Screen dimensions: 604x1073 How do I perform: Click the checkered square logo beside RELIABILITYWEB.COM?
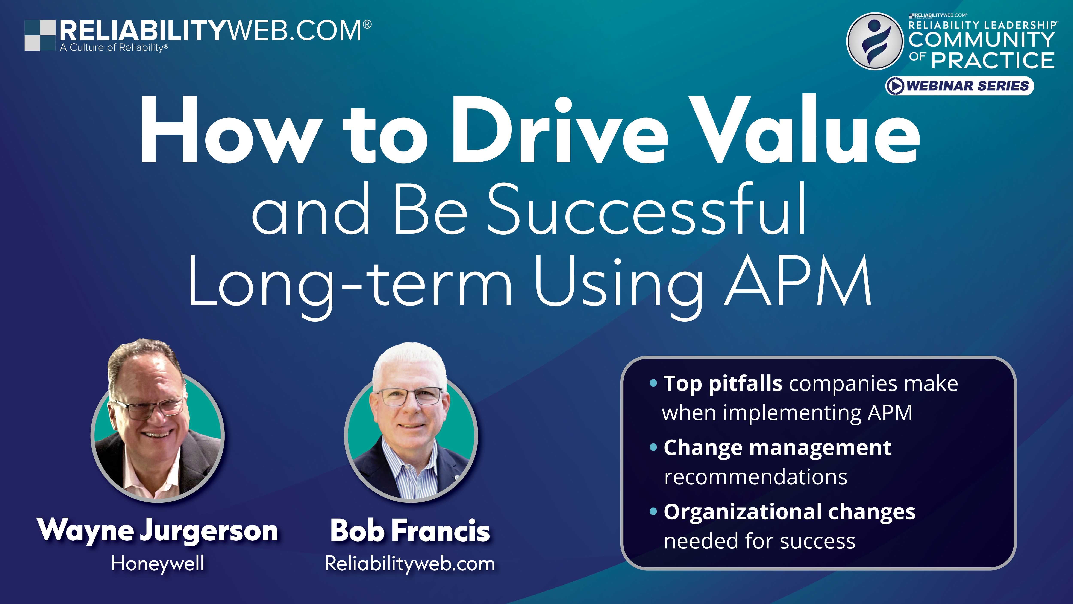point(40,35)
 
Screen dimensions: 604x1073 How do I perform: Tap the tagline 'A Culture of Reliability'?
point(114,47)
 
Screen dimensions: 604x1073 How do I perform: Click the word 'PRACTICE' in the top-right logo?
point(993,60)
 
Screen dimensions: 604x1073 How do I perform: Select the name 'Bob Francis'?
point(410,531)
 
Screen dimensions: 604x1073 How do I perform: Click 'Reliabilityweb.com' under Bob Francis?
point(410,564)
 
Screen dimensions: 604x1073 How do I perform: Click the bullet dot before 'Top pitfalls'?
point(653,383)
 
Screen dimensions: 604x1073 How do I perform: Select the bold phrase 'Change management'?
point(777,448)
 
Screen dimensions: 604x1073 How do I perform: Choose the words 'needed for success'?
point(759,541)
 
